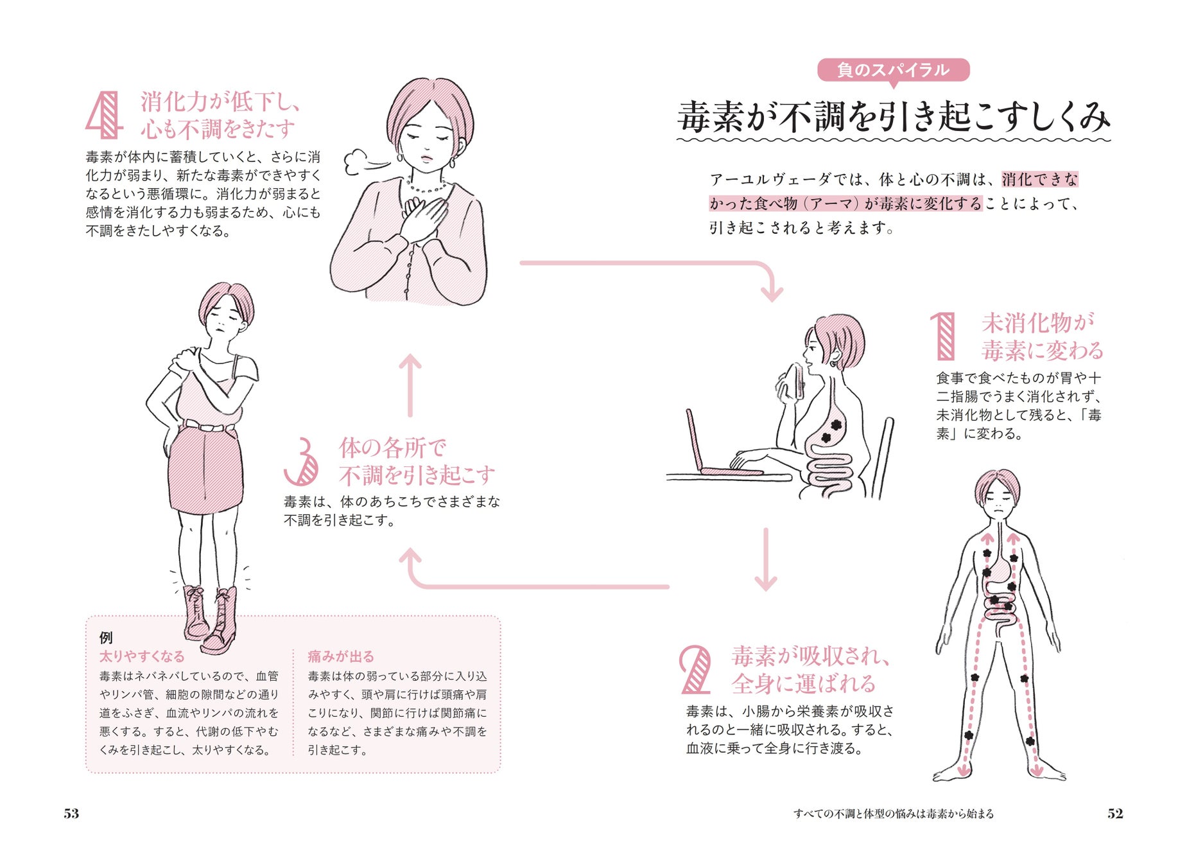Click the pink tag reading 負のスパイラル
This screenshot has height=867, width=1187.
892,69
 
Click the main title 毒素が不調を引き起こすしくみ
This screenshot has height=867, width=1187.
893,118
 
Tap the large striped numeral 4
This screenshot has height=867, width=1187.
104,115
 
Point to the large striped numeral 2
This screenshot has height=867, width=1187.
695,670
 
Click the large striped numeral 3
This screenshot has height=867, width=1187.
301,462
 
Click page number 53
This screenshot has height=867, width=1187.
71,814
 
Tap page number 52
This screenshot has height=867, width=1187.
1115,814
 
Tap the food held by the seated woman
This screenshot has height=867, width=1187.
795,380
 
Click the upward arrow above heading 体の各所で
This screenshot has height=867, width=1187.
410,385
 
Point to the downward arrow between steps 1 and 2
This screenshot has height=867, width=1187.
766,559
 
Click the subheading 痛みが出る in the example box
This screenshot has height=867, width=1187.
340,656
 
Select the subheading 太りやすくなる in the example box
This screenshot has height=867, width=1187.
142,656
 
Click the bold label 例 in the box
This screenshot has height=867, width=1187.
106,637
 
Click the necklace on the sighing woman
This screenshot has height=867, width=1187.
427,187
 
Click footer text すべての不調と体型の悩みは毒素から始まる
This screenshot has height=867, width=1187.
893,814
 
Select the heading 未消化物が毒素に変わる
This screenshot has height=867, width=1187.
1041,337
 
